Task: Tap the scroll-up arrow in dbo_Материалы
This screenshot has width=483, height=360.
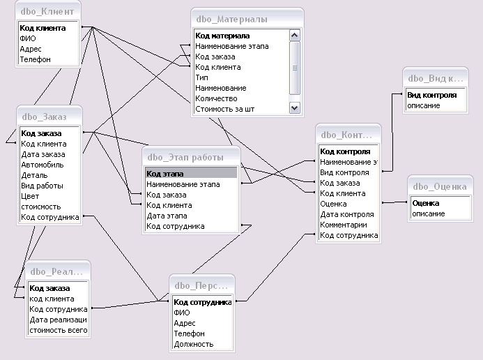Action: pyautogui.click(x=294, y=36)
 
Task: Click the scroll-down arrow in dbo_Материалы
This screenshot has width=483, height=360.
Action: pyautogui.click(x=294, y=108)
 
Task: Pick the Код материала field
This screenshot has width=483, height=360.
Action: pyautogui.click(x=222, y=36)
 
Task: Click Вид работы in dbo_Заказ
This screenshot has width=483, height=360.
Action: pyautogui.click(x=42, y=186)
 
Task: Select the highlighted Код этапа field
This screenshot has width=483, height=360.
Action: pyautogui.click(x=190, y=174)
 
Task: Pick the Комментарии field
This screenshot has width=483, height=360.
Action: pyautogui.click(x=343, y=225)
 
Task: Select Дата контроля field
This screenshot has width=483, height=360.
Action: pyautogui.click(x=346, y=214)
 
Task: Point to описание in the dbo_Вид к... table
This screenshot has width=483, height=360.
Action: pyautogui.click(x=423, y=105)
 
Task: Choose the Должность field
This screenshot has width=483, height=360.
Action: pyautogui.click(x=193, y=344)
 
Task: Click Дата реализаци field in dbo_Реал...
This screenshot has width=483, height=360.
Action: pyautogui.click(x=59, y=320)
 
